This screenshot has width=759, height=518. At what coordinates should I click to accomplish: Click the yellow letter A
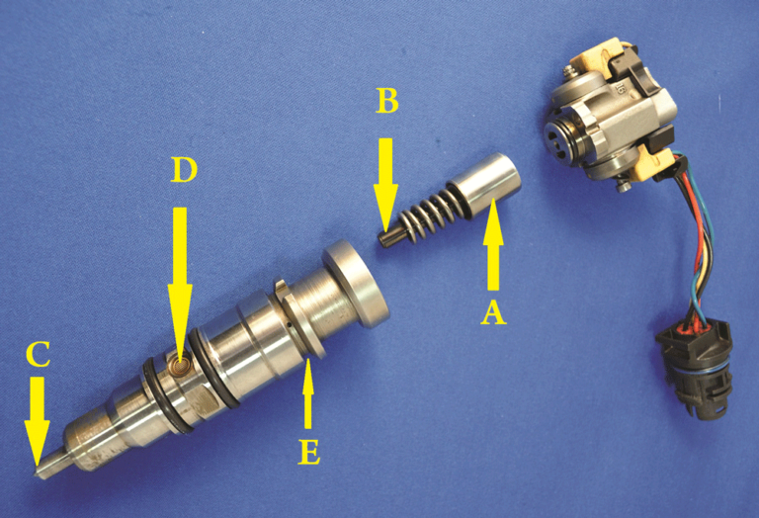(493, 311)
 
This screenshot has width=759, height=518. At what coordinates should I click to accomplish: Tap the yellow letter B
(386, 101)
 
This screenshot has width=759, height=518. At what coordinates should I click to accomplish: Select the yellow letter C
(39, 353)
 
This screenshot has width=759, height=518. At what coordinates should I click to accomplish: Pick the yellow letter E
(308, 453)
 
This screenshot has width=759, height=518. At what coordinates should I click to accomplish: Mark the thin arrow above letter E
(308, 393)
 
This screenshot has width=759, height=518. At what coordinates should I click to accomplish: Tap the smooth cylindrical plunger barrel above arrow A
(485, 180)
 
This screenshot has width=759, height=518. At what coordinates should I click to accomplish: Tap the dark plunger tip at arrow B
(388, 236)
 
